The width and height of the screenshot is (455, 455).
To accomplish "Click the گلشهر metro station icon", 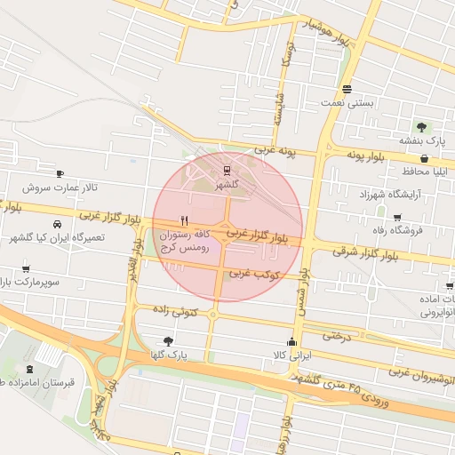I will [227, 170].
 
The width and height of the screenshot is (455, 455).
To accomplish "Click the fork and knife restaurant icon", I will [185, 220].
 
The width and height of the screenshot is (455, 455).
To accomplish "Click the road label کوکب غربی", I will [256, 274].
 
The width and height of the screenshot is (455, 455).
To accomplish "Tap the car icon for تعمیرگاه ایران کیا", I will [57, 225].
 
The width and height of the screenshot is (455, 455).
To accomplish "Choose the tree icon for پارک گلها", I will [169, 340].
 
